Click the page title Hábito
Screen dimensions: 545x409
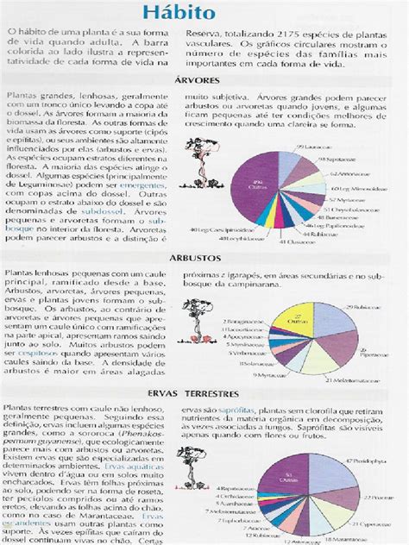coord(204,14)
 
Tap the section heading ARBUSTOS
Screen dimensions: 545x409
coord(204,256)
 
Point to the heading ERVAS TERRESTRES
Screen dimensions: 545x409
coord(204,392)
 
